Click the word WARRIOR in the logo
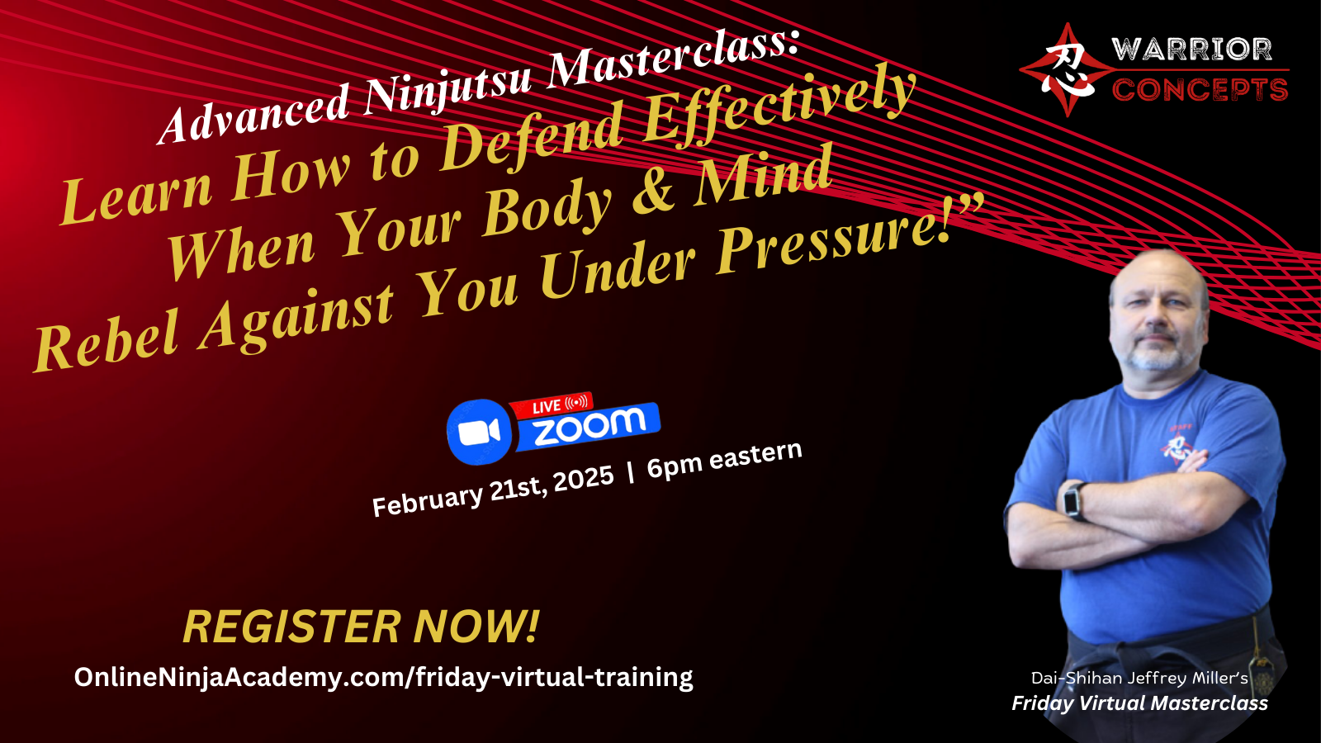[x=1191, y=50]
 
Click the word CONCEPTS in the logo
[x=1200, y=90]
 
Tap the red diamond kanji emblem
[x=1067, y=70]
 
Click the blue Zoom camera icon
[x=480, y=433]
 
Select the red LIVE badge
[x=552, y=405]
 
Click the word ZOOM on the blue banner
[x=589, y=427]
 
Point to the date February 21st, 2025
[x=493, y=490]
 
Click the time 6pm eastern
[x=724, y=459]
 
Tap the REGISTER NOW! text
[x=361, y=627]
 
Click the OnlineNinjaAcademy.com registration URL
[x=383, y=677]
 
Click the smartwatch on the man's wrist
[x=1072, y=500]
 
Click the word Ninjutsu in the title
[x=448, y=88]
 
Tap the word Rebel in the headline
[x=107, y=341]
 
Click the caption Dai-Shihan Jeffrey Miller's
[x=1139, y=678]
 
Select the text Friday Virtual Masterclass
[x=1140, y=703]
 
